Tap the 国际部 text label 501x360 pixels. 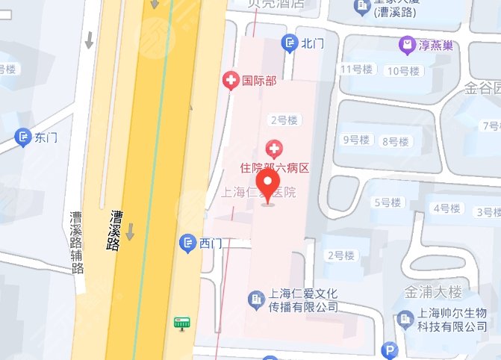(x=255, y=80)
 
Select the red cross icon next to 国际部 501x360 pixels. (x=232, y=80)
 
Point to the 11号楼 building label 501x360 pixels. (x=355, y=70)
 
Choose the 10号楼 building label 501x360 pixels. (x=405, y=71)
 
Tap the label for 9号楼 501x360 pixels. (x=355, y=140)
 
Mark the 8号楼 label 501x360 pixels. (x=395, y=141)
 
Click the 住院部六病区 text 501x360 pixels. (x=274, y=170)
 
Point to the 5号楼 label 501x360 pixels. (x=387, y=202)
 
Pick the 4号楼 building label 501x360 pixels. (x=448, y=208)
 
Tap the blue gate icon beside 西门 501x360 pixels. (x=187, y=243)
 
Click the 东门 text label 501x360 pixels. (x=46, y=137)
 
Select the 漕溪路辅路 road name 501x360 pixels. (x=76, y=242)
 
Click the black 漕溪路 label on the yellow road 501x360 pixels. (x=115, y=230)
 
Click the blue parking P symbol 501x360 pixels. (x=389, y=350)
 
